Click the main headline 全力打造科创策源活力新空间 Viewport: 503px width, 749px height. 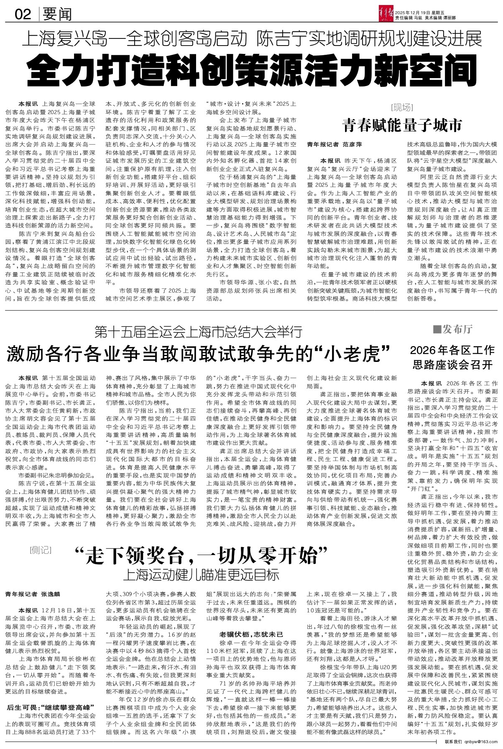(x=253, y=68)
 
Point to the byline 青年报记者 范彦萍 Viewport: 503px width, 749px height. (x=334, y=144)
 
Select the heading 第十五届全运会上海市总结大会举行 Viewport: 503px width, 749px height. (x=198, y=333)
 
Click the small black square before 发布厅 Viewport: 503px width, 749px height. (x=437, y=330)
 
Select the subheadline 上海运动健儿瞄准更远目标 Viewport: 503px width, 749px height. (x=201, y=575)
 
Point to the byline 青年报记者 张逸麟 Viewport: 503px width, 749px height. (x=33, y=594)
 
